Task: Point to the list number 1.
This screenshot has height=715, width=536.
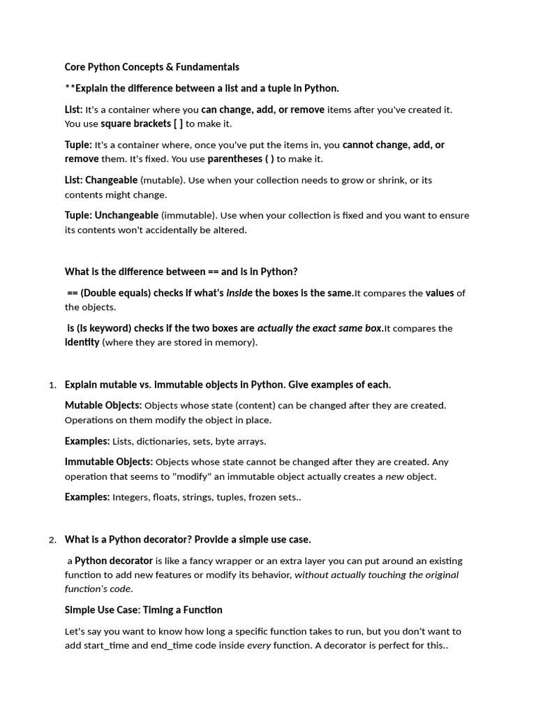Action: [x=52, y=385]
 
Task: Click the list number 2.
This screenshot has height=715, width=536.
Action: [x=52, y=540]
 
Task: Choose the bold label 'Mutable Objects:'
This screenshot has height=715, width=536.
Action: [x=103, y=405]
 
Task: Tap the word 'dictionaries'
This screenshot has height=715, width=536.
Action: [x=171, y=441]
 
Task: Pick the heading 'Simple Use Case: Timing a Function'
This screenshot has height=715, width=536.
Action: [x=144, y=610]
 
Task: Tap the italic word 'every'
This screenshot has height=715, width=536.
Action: [x=258, y=645]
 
